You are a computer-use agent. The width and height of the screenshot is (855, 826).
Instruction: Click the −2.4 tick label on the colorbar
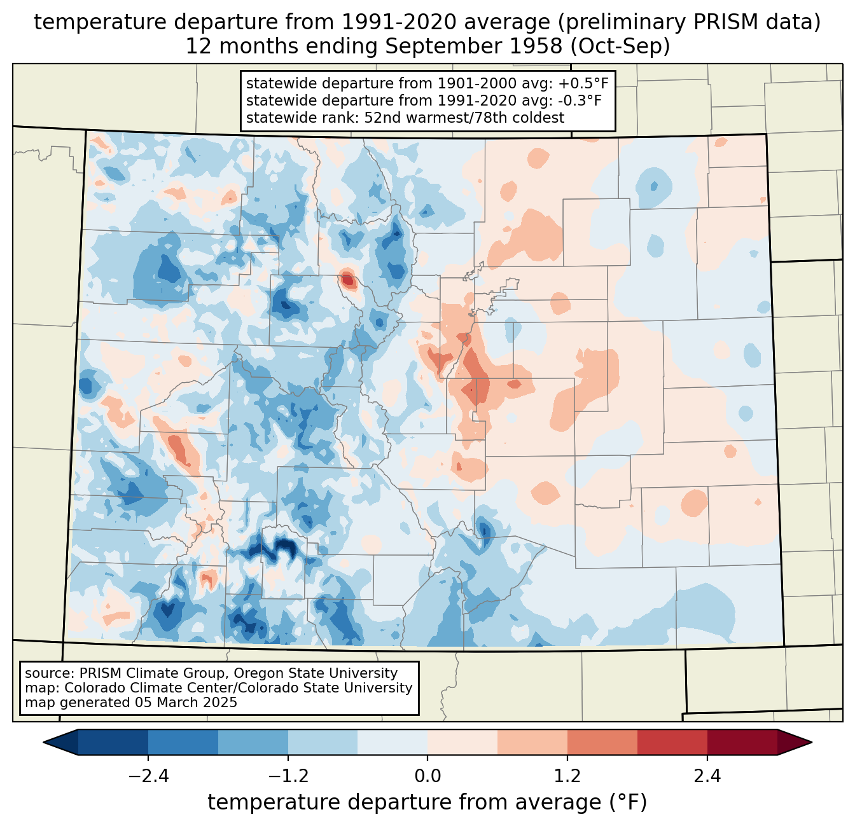coord(148,776)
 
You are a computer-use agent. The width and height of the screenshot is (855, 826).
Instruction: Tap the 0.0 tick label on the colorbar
coord(427,776)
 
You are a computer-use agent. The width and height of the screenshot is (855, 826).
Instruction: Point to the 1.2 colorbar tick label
coord(567,776)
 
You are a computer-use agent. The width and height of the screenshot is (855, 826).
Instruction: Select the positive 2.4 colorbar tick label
coord(707,776)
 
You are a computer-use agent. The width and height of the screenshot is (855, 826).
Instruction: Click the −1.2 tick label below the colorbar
coord(288,776)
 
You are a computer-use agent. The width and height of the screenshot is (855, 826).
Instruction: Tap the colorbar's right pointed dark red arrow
coord(795,742)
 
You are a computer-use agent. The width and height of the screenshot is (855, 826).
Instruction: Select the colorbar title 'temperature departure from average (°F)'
coord(427,802)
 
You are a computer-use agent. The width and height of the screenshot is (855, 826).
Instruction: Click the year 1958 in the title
coord(538,46)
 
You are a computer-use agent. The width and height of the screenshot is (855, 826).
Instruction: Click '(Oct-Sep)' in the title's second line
coord(620,46)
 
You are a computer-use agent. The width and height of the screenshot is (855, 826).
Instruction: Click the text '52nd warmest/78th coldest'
coord(464,118)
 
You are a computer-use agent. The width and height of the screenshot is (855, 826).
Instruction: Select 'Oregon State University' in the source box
coord(316,673)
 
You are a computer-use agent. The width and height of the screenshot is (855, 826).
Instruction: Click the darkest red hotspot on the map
coord(347,279)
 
